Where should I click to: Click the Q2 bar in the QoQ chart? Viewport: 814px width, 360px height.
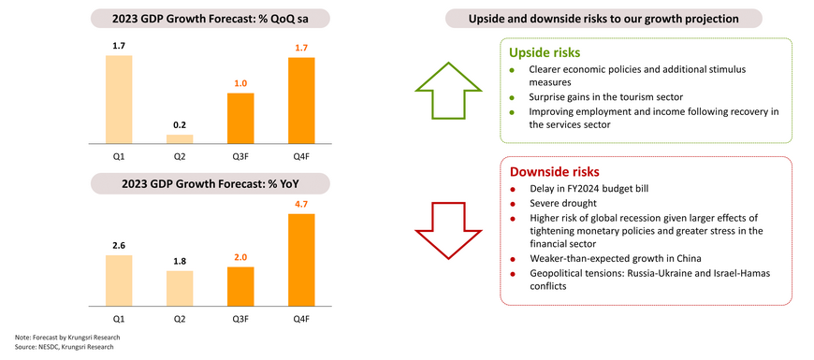(180, 139)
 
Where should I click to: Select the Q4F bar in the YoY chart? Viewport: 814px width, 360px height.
(301, 260)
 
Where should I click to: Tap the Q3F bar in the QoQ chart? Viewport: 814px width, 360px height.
(240, 118)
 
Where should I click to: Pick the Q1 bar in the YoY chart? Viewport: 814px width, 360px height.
(119, 281)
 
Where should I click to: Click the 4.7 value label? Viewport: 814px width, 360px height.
(301, 206)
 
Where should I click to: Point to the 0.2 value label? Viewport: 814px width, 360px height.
(180, 125)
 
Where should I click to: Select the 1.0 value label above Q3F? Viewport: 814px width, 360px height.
(240, 83)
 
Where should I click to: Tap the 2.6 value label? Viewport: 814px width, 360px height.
(119, 245)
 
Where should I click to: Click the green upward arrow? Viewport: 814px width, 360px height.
(448, 91)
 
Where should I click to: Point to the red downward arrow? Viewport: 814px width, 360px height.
(448, 229)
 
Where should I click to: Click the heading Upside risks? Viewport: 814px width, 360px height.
(544, 53)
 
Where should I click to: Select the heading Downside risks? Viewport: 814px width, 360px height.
(555, 172)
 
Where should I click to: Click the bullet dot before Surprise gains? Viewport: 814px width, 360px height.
(513, 97)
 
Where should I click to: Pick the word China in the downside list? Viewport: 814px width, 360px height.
(690, 258)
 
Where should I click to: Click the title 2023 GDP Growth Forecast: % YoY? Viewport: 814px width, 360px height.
(211, 183)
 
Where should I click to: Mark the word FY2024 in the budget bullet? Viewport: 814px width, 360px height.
(592, 189)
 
